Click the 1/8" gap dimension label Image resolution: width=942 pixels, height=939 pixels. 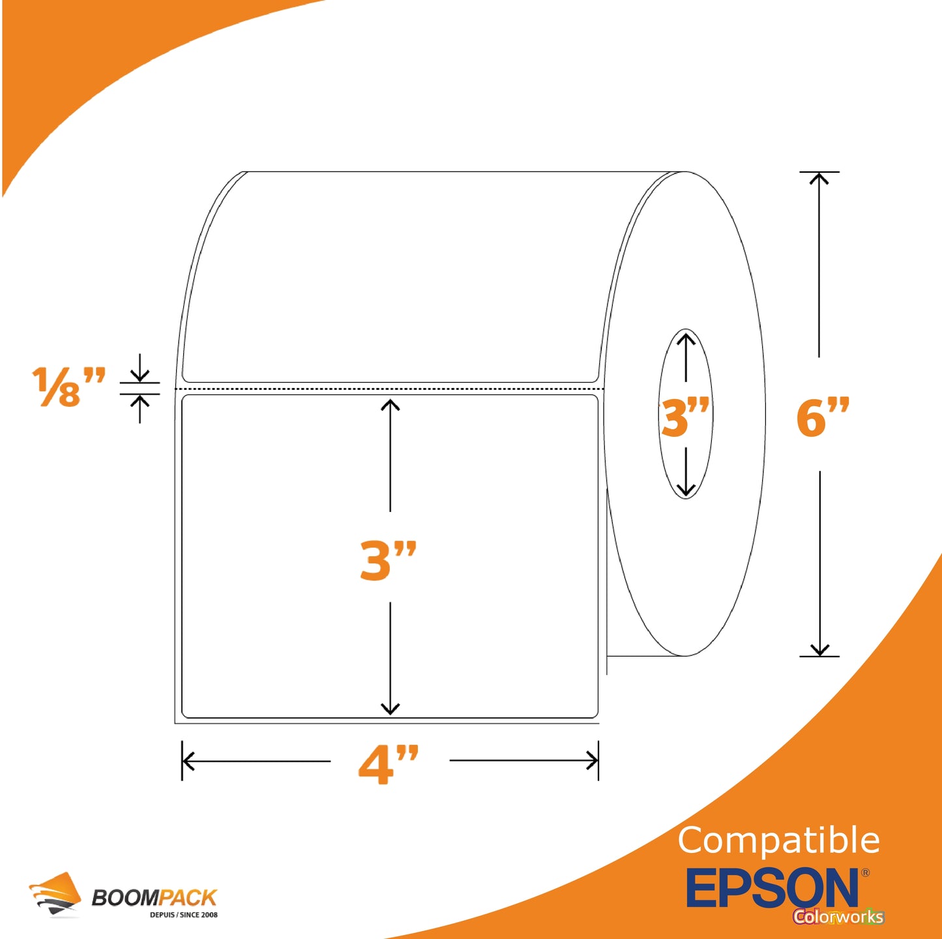68,387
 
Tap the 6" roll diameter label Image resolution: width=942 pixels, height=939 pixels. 823,417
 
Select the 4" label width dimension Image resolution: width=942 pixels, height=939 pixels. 389,764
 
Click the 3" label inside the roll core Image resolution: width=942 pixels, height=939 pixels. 685,417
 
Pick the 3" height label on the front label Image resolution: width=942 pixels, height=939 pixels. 388,561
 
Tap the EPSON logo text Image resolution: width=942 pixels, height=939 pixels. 773,887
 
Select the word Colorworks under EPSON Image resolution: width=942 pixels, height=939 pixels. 838,916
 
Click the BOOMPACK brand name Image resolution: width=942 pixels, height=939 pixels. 155,898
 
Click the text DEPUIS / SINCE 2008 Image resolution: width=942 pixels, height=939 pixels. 184,914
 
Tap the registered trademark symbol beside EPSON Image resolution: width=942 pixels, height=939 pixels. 865,872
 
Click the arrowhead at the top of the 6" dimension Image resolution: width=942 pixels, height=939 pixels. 819,178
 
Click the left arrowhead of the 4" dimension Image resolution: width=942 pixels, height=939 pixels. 188,761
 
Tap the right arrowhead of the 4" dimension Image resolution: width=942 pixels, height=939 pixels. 592,761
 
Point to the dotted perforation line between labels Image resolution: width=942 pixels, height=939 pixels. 390,389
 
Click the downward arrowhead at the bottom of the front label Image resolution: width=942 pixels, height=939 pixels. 390,709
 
